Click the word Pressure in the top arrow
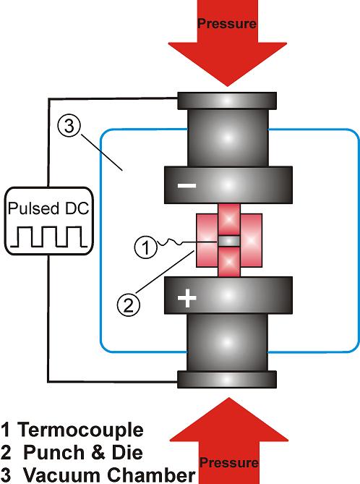tap(227, 24)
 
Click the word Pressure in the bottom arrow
tap(228, 463)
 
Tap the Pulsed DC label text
tap(48, 208)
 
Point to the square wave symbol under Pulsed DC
tap(48, 237)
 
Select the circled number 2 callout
tap(129, 305)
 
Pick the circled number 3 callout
tap(69, 127)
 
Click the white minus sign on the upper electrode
tap(187, 185)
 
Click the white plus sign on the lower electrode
tap(187, 298)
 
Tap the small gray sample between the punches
tap(229, 241)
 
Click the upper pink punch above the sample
tap(229, 219)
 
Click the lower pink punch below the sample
tap(229, 262)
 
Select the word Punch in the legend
tap(53, 452)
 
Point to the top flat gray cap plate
tap(227, 101)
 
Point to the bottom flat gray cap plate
tap(227, 379)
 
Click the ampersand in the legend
tap(98, 452)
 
